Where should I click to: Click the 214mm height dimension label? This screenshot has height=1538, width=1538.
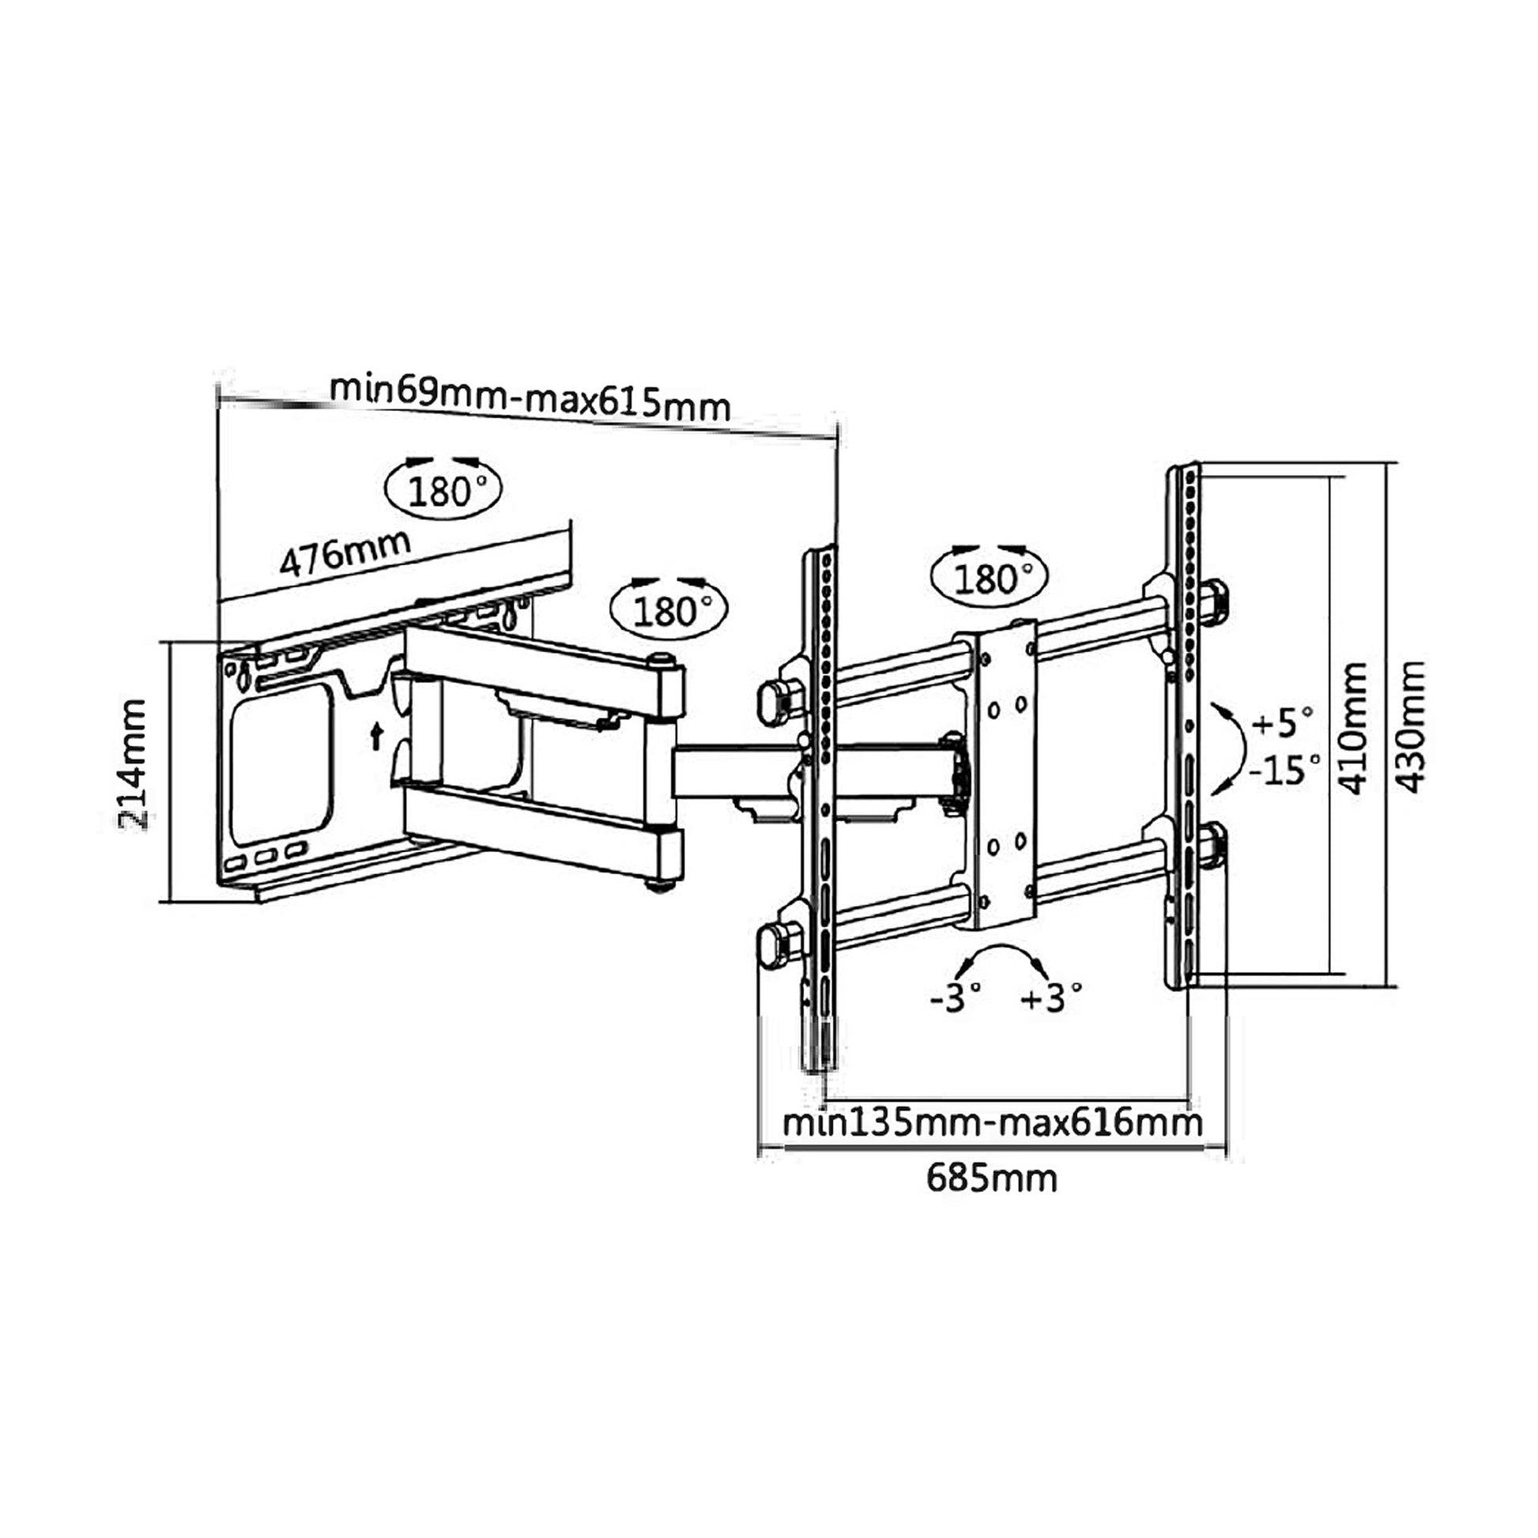point(133,766)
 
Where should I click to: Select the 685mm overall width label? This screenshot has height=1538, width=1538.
point(991,1201)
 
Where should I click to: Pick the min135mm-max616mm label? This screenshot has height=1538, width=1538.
point(992,1124)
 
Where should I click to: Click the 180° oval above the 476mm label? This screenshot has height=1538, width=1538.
point(443,492)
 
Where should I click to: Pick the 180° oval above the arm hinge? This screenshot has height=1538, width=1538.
point(669,612)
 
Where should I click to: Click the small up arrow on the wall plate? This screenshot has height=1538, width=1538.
point(375,737)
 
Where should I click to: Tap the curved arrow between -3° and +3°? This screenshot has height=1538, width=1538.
point(1001,956)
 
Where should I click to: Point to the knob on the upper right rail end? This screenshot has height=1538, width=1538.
point(1213,600)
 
